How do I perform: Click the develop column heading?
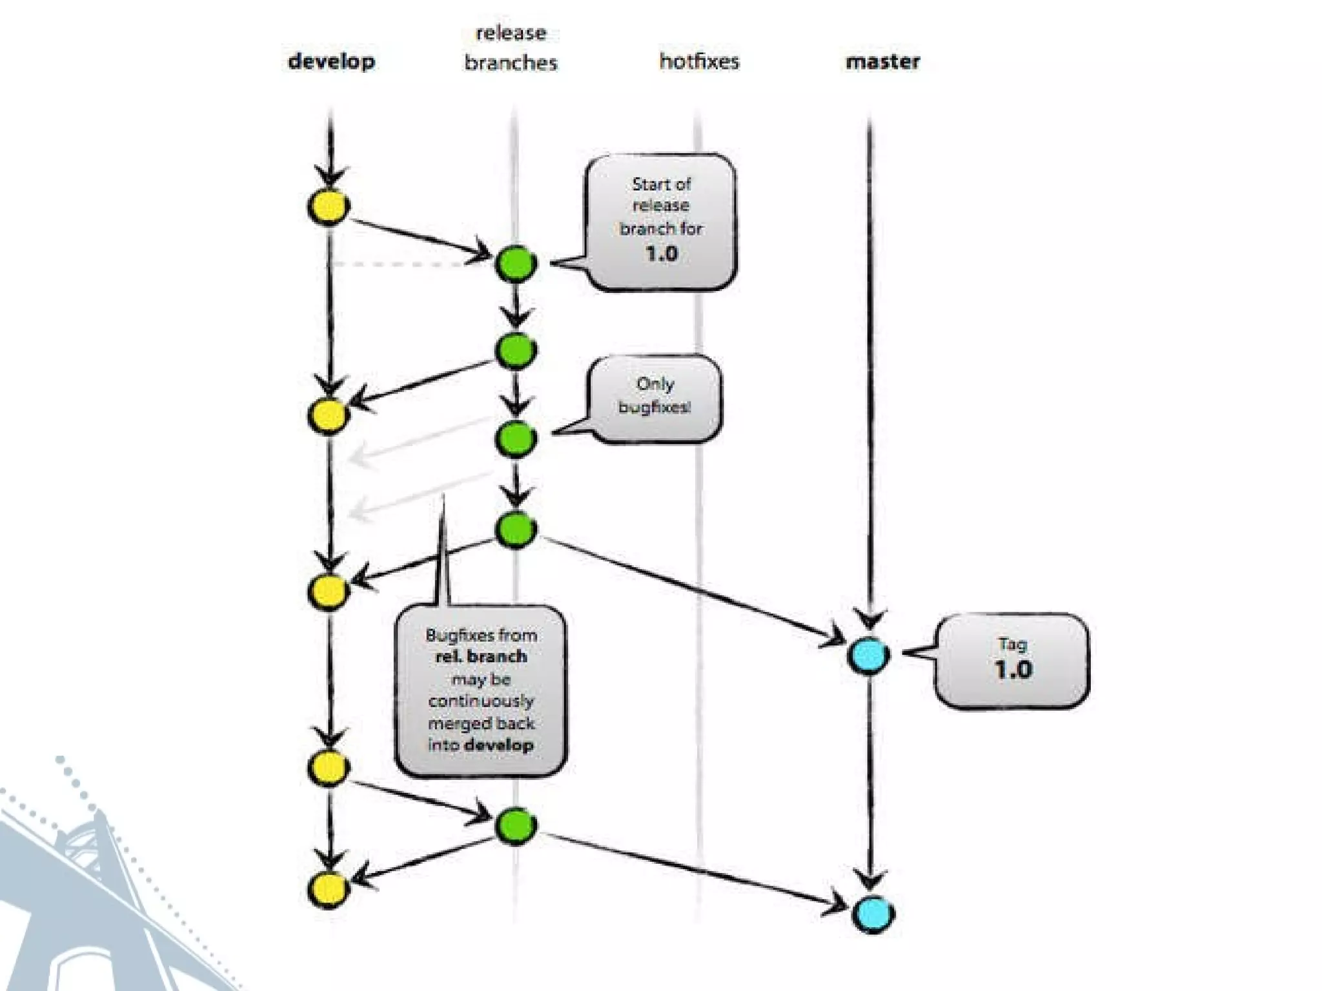pyautogui.click(x=331, y=62)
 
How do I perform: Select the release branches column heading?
pyautogui.click(x=511, y=48)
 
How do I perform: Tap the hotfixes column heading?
pyautogui.click(x=699, y=62)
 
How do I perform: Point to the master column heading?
pyautogui.click(x=882, y=62)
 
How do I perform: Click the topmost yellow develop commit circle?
pyautogui.click(x=329, y=207)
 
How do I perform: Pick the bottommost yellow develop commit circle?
pyautogui.click(x=329, y=888)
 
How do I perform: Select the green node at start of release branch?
pyautogui.click(x=516, y=263)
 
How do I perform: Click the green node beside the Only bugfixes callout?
pyautogui.click(x=516, y=439)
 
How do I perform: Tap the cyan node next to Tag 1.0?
pyautogui.click(x=868, y=655)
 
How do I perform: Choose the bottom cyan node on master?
pyautogui.click(x=872, y=914)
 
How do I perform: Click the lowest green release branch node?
pyautogui.click(x=516, y=825)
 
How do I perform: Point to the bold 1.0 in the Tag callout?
pyautogui.click(x=1013, y=670)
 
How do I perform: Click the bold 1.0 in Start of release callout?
pyautogui.click(x=661, y=254)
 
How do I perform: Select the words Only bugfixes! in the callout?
pyautogui.click(x=655, y=395)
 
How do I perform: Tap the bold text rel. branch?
pyautogui.click(x=481, y=657)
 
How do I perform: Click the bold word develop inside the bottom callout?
pyautogui.click(x=499, y=745)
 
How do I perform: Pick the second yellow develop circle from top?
pyautogui.click(x=329, y=414)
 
